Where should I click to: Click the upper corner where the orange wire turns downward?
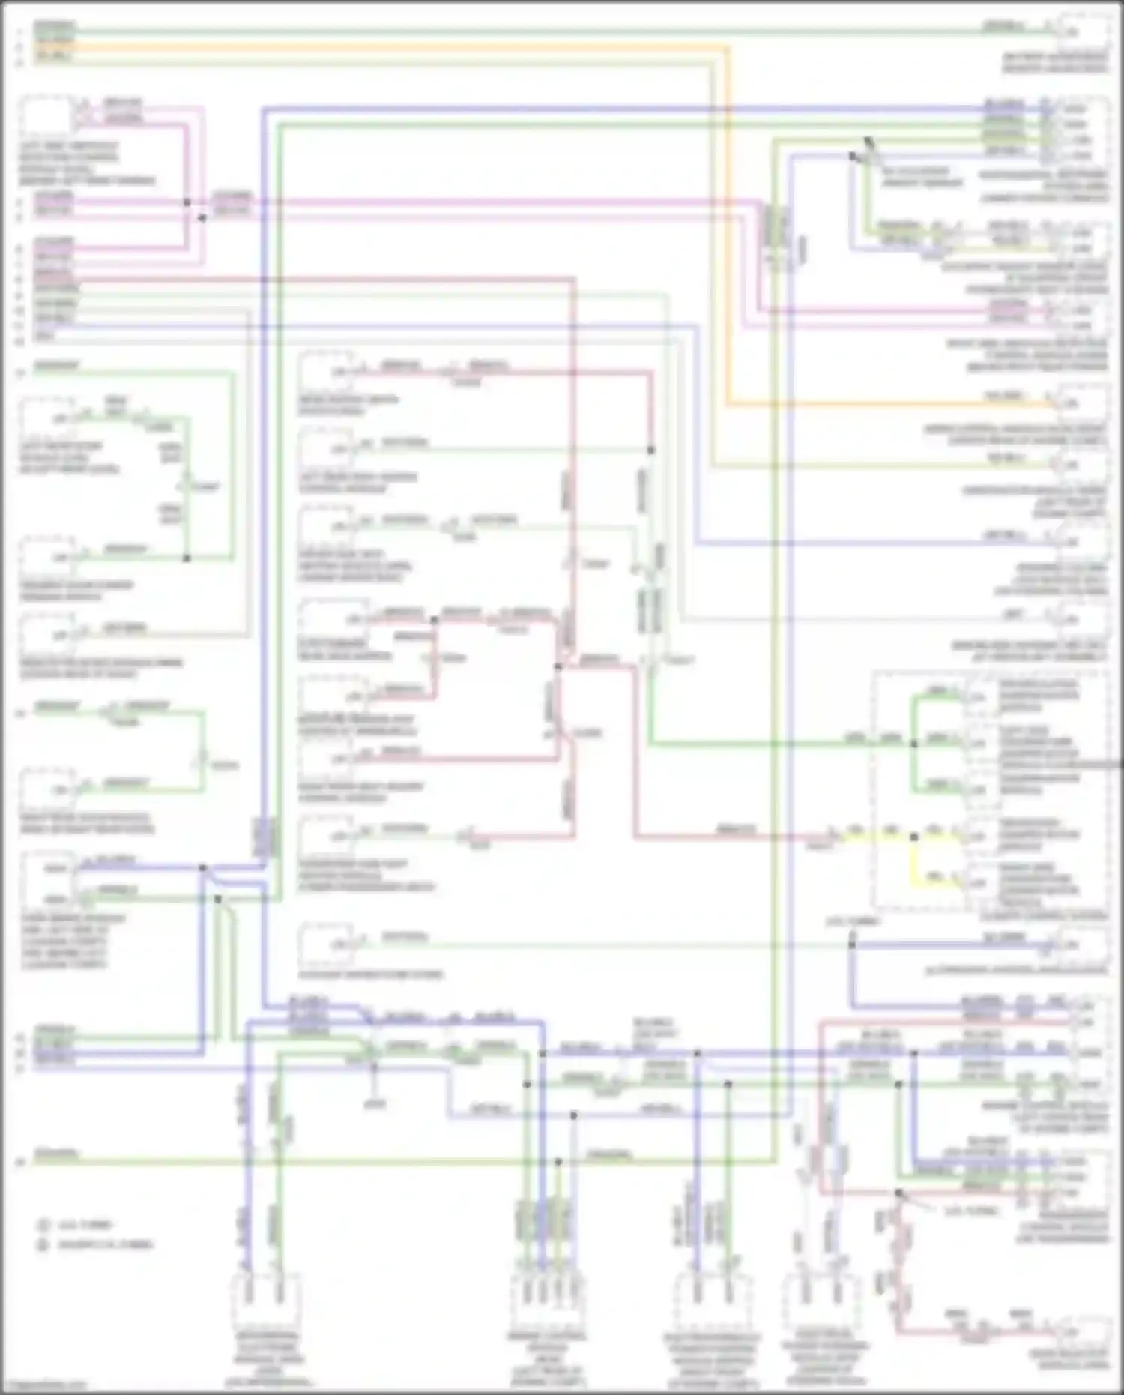tap(727, 47)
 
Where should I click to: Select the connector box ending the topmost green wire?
tap(1083, 31)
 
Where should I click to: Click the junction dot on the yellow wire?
tap(913, 837)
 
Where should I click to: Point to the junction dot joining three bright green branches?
tap(913, 743)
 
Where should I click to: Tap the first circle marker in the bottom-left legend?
tap(43, 1225)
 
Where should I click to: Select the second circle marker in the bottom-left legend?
tap(43, 1244)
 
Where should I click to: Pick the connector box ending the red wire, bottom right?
tap(1083, 1332)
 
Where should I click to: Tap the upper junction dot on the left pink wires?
tap(187, 202)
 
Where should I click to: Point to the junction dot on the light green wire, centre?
tap(650, 450)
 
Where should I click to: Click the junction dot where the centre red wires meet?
tap(558, 666)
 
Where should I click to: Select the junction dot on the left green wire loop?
tap(187, 558)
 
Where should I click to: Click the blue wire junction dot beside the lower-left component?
tap(202, 867)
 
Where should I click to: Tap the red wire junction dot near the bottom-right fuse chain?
tap(898, 1192)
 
